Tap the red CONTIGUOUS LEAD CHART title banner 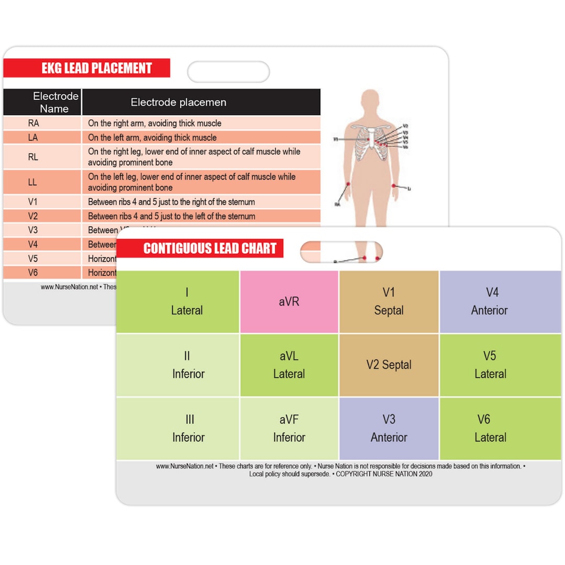[200, 248]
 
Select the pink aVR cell [289, 302]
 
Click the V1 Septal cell [389, 302]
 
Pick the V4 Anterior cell [489, 302]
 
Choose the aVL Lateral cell [289, 365]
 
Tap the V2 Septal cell [389, 365]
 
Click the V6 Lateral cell [489, 428]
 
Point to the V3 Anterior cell [389, 428]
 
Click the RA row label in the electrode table [33, 123]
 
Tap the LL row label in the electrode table [33, 182]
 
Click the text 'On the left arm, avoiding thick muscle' [152, 138]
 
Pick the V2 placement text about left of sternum [172, 216]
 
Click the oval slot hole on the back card [228, 72]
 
